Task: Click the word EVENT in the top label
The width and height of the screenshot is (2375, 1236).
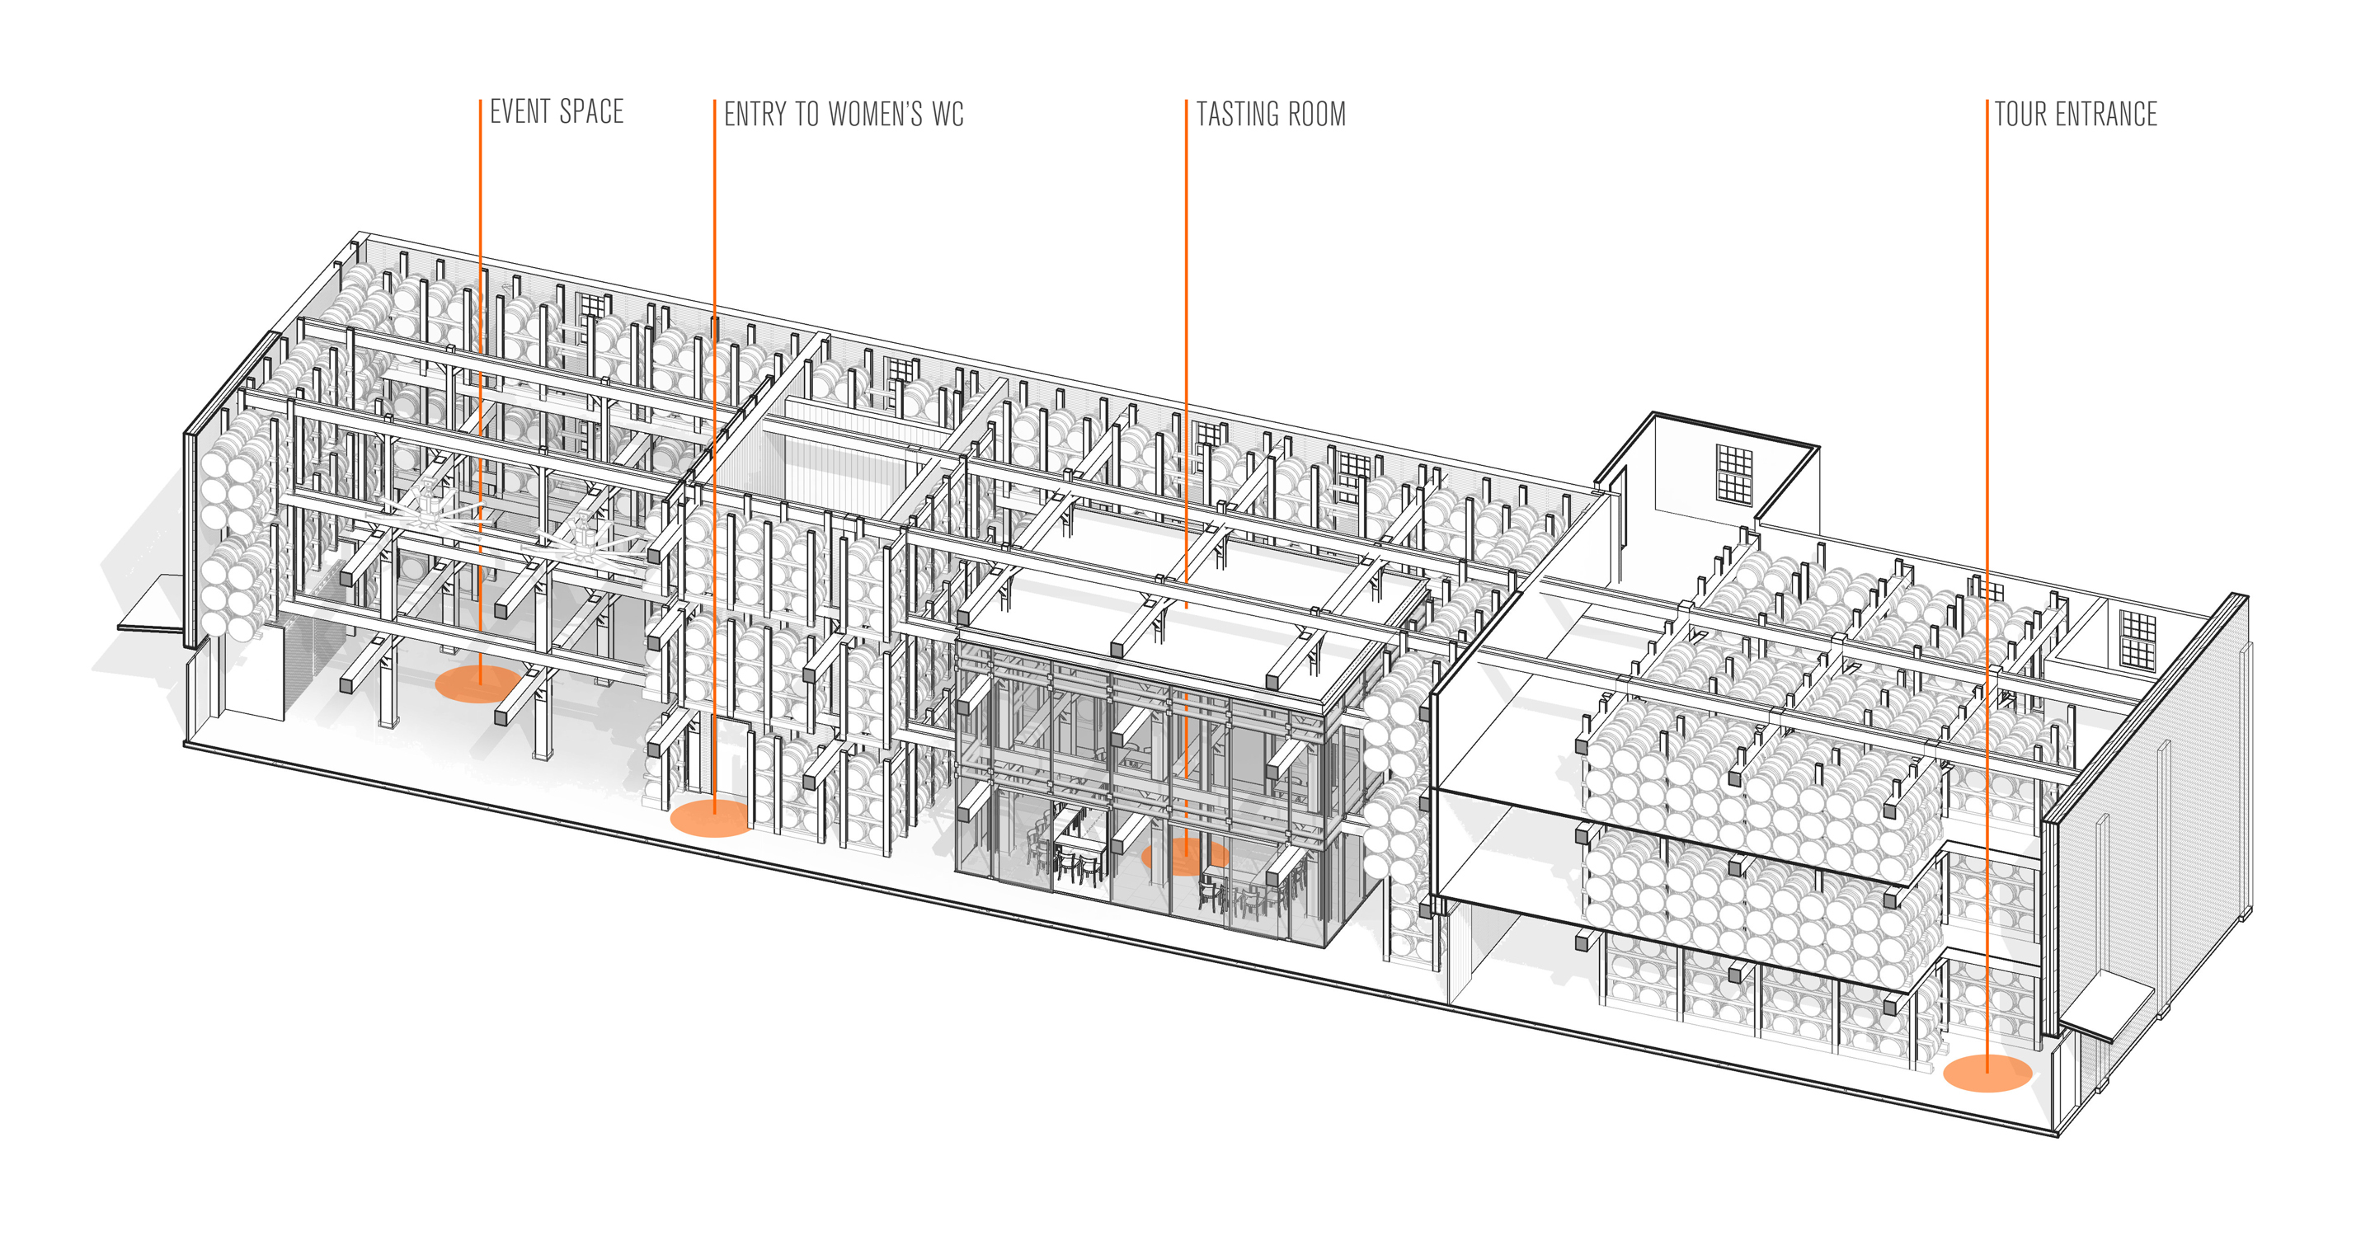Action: [x=520, y=111]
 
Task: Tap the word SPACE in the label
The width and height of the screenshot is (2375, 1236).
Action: [x=592, y=111]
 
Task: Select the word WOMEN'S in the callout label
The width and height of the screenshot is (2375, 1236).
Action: [x=875, y=115]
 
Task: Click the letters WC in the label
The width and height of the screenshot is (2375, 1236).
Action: [x=948, y=115]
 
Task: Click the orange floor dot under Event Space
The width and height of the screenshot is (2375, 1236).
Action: [x=478, y=684]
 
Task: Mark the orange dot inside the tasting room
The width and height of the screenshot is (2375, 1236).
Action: [x=1185, y=856]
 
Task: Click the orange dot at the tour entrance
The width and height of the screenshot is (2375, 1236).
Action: [x=1987, y=1073]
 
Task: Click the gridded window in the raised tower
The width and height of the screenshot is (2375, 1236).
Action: [x=1733, y=474]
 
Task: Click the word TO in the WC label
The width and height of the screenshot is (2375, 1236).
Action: [x=807, y=115]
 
